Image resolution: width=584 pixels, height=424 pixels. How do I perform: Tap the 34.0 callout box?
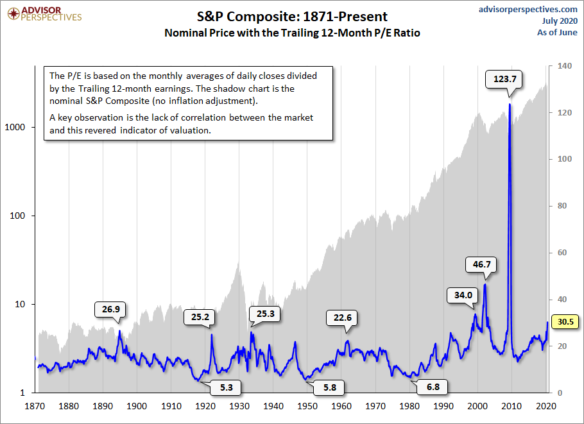point(463,295)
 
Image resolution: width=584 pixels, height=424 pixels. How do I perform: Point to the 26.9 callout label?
point(110,309)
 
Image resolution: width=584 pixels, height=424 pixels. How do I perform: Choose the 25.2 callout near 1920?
point(200,316)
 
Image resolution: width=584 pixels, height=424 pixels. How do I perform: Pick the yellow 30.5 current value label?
point(567,322)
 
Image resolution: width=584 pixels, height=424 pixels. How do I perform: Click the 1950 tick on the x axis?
point(308,406)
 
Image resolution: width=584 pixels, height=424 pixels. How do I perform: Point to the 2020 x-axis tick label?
point(546,406)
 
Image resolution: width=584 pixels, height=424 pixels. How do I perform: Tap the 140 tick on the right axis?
point(564,66)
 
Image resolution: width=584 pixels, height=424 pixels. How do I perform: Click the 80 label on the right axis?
point(562,206)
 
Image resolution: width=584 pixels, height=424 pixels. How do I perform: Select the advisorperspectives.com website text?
point(528,9)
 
